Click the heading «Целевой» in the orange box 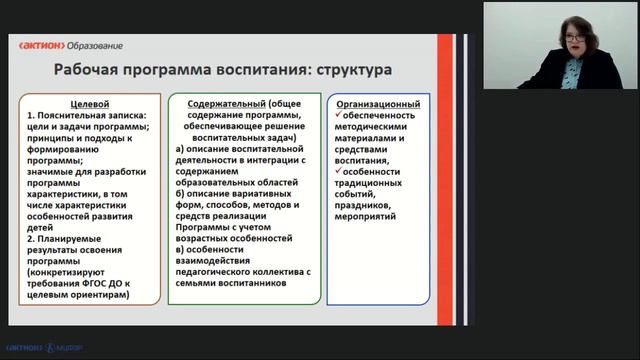(88, 103)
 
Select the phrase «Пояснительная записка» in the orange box (88, 117)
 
